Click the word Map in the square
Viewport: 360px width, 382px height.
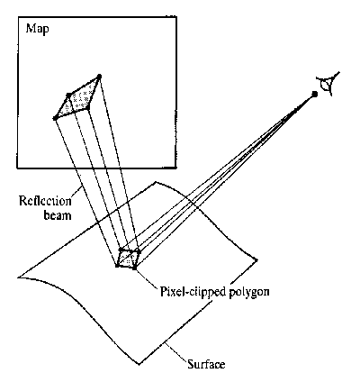pyautogui.click(x=38, y=30)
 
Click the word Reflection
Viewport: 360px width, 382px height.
pyautogui.click(x=45, y=201)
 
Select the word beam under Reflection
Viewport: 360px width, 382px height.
pyautogui.click(x=58, y=215)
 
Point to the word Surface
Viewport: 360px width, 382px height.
pyautogui.click(x=206, y=364)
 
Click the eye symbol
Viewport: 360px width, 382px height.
pyautogui.click(x=328, y=83)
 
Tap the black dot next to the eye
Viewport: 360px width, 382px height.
pyautogui.click(x=314, y=94)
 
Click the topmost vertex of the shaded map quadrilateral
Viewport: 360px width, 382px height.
pyautogui.click(x=100, y=76)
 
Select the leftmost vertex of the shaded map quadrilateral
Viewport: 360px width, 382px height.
pyautogui.click(x=55, y=118)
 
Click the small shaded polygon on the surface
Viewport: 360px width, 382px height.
pyautogui.click(x=128, y=259)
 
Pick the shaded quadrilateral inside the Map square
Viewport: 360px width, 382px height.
pyautogui.click(x=77, y=97)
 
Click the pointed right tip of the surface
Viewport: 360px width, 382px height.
pyautogui.click(x=256, y=260)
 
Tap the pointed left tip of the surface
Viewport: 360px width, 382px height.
pyautogui.click(x=19, y=277)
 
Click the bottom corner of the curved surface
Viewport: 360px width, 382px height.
pyautogui.click(x=139, y=365)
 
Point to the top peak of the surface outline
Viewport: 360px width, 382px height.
pyautogui.click(x=155, y=182)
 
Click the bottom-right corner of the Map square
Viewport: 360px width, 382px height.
pyautogui.click(x=175, y=168)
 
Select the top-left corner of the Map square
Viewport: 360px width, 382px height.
pyautogui.click(x=17, y=17)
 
